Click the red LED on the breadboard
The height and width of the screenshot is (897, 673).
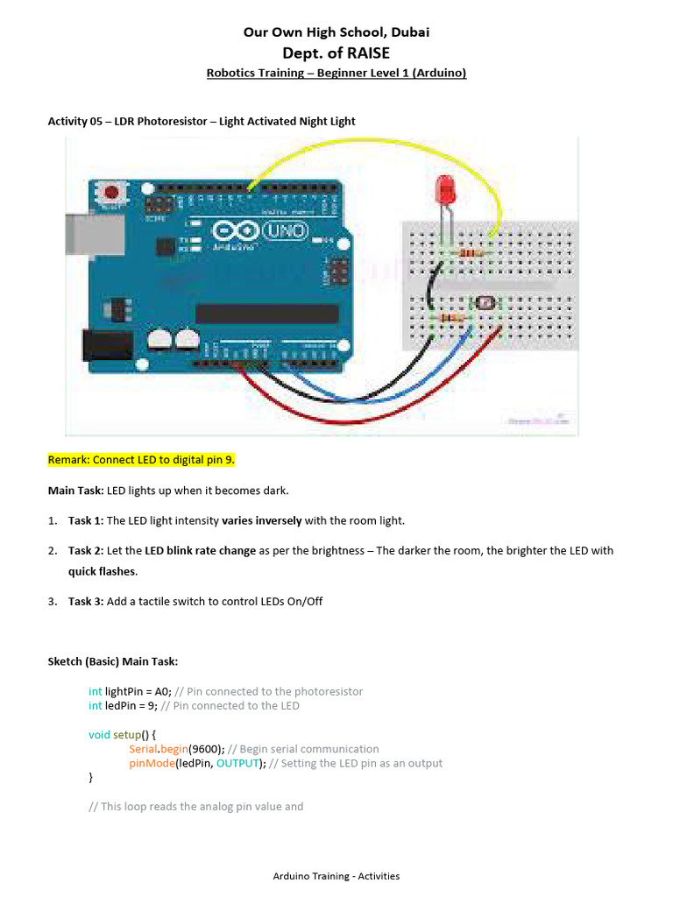[x=444, y=189]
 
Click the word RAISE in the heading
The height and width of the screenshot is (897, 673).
[x=369, y=53]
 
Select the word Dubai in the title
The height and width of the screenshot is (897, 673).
[x=408, y=32]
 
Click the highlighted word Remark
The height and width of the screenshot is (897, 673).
[x=68, y=460]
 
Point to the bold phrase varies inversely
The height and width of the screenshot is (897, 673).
[x=261, y=520]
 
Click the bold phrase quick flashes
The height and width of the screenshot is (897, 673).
[x=102, y=571]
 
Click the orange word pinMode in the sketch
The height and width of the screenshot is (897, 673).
[x=151, y=763]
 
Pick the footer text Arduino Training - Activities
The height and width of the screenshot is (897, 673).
[x=336, y=875]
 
